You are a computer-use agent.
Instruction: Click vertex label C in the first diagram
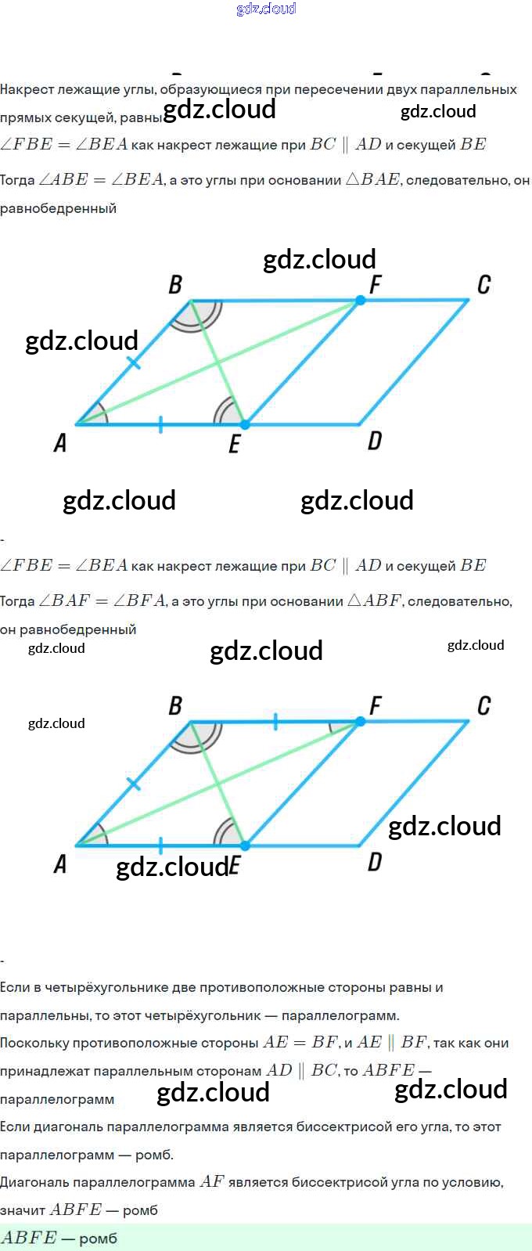click(483, 284)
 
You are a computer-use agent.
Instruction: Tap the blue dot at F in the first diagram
click(360, 300)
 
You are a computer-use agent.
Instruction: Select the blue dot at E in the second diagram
click(245, 845)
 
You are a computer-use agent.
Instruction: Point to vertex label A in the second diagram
click(60, 864)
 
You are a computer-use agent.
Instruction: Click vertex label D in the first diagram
click(375, 442)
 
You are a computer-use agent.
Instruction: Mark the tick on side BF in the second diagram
click(275, 722)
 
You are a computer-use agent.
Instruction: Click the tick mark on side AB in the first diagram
click(134, 362)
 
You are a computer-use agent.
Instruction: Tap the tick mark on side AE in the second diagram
click(160, 845)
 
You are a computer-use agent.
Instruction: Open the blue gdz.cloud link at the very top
click(266, 9)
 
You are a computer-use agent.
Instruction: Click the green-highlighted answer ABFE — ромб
click(59, 1238)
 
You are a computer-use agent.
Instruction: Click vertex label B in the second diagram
click(175, 706)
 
